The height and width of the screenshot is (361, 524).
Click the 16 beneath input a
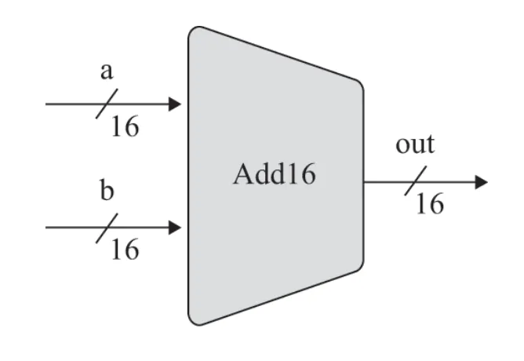(x=124, y=126)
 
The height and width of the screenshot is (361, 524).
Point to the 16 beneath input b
(x=124, y=250)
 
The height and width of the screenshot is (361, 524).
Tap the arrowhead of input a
(x=175, y=104)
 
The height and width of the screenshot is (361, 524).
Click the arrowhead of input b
(x=175, y=228)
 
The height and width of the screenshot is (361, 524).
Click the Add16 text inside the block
(x=274, y=174)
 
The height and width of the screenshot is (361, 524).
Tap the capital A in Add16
(x=242, y=174)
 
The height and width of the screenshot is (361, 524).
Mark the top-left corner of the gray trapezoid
(x=191, y=30)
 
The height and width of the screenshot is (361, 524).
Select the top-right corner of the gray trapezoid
(x=361, y=85)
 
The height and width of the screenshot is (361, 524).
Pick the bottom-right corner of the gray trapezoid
(x=361, y=265)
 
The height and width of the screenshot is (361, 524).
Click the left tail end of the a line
(x=47, y=104)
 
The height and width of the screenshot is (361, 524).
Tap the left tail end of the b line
(x=47, y=228)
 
